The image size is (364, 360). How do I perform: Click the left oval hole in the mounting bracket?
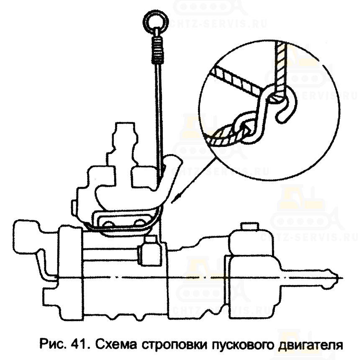click(108, 224)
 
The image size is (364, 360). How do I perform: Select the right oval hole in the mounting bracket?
click(139, 223)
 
